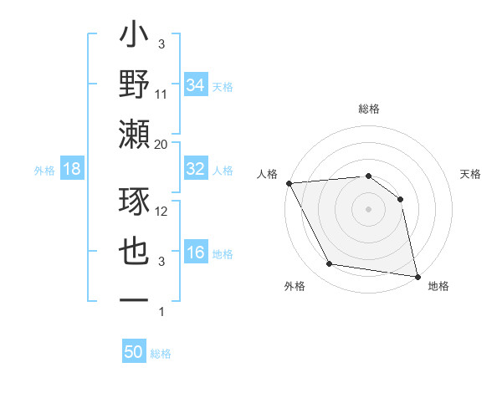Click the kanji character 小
pyautogui.click(x=135, y=38)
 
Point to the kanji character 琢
pyautogui.click(x=135, y=201)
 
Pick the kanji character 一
pyautogui.click(x=135, y=299)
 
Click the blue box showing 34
pyautogui.click(x=196, y=84)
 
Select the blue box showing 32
pyautogui.click(x=196, y=169)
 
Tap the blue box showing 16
pyautogui.click(x=196, y=253)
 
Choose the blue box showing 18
pyautogui.click(x=72, y=170)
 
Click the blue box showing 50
pyautogui.click(x=134, y=352)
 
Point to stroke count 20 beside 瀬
pyautogui.click(x=161, y=145)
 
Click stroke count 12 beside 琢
pyautogui.click(x=162, y=212)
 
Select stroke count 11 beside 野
pyautogui.click(x=161, y=94)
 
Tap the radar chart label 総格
pyautogui.click(x=369, y=109)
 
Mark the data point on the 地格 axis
pyautogui.click(x=416, y=276)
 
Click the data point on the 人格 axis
pyautogui.click(x=289, y=183)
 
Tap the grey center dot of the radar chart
pyautogui.click(x=368, y=208)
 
